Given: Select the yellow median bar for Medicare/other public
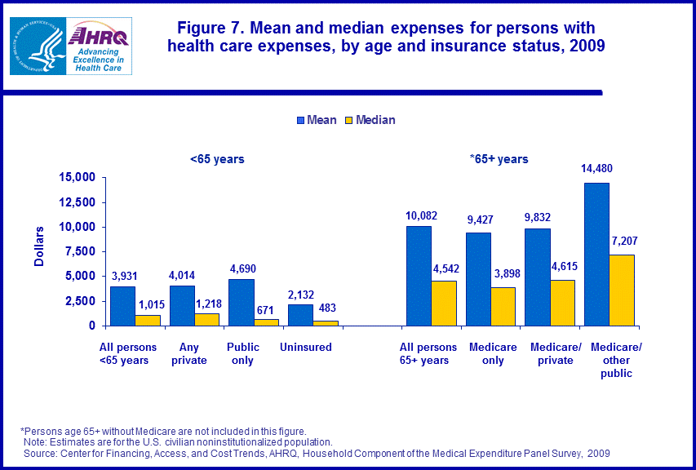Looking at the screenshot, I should click(x=621, y=290).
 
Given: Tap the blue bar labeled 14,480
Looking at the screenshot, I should click(x=596, y=254).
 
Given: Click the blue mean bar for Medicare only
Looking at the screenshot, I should click(x=478, y=279).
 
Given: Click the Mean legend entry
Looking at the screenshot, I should click(x=317, y=120).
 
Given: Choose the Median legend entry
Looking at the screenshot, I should click(x=369, y=120).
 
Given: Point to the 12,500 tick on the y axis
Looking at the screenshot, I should click(x=78, y=202).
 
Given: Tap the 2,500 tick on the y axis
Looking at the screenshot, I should click(x=82, y=301).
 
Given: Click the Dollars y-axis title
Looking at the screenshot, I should click(x=39, y=251).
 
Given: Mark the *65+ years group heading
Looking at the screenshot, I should click(x=499, y=159).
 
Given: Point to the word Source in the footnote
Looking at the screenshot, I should click(x=40, y=453).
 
